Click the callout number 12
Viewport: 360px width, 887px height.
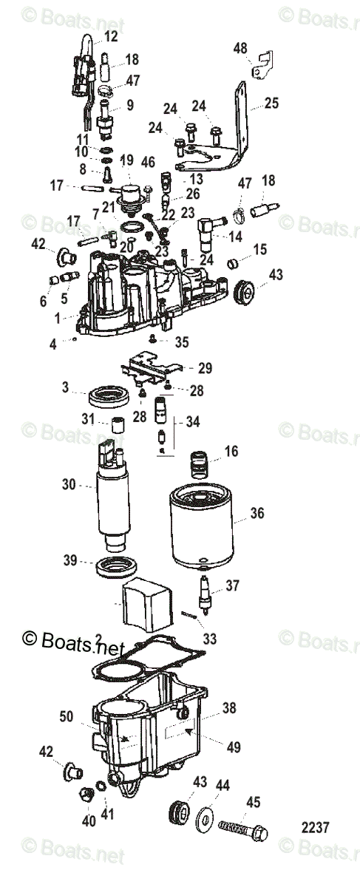(111, 35)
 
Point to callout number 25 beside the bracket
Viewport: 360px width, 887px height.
(272, 104)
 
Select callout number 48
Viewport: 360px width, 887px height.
(240, 48)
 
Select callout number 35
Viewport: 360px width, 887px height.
(182, 341)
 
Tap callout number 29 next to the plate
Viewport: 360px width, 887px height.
(206, 367)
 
